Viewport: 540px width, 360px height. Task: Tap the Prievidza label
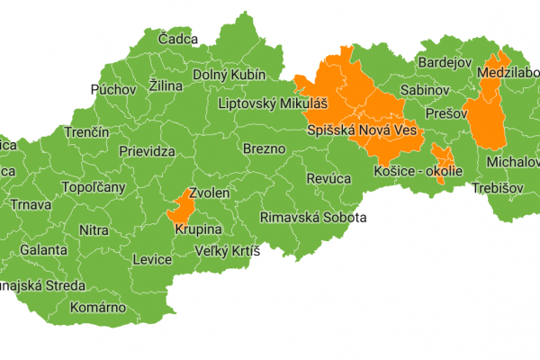[146, 152]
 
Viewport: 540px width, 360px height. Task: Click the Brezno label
[264, 148]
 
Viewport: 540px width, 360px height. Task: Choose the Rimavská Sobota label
[312, 217]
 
